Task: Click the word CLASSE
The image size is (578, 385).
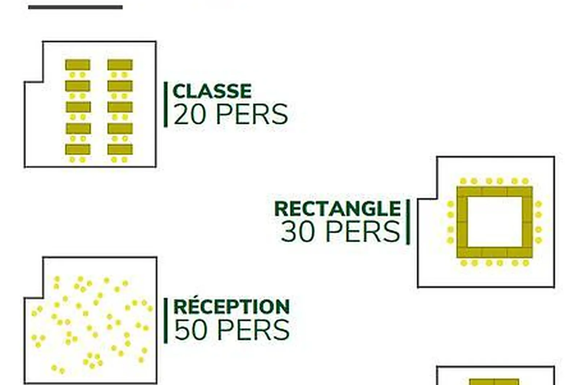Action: [x=212, y=91]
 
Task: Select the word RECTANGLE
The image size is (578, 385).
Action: [x=337, y=209]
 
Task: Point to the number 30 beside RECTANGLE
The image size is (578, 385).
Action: [x=298, y=232]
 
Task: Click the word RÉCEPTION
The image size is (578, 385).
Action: [x=232, y=307]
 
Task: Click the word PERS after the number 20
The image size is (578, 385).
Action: [x=252, y=114]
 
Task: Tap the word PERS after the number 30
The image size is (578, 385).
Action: [x=363, y=232]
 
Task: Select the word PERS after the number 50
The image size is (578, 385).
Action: [x=253, y=330]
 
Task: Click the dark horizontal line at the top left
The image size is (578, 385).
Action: [x=75, y=7]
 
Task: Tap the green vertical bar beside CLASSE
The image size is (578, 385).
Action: [x=165, y=104]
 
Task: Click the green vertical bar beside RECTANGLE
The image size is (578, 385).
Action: [x=408, y=222]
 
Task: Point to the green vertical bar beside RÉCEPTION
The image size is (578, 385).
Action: [x=165, y=320]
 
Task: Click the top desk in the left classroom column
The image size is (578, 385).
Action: [x=78, y=65]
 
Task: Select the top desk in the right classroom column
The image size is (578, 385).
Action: [x=120, y=65]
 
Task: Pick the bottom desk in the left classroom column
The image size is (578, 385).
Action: [x=78, y=150]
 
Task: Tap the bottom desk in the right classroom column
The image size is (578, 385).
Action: [x=120, y=150]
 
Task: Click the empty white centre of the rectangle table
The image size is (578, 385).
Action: [x=495, y=222]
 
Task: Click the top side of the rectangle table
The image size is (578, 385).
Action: [x=495, y=191]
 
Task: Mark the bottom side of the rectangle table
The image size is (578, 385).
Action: [x=495, y=252]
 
